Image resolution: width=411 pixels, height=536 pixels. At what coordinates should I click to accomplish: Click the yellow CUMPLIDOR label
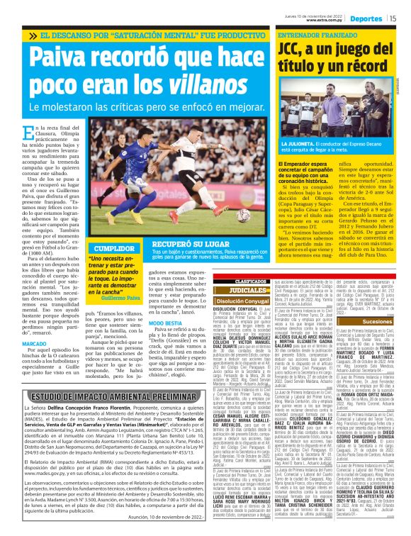[x=114, y=249]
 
